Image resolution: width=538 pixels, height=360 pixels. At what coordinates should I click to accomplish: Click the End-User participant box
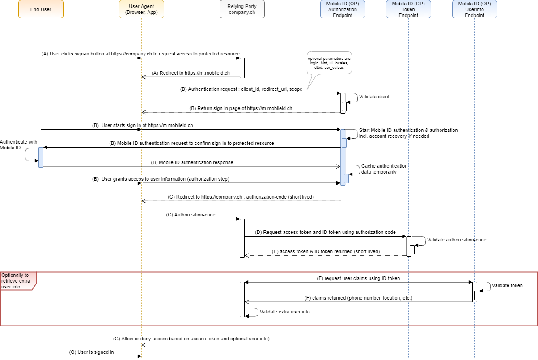(x=41, y=9)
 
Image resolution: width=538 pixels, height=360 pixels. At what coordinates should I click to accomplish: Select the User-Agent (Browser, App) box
(x=141, y=9)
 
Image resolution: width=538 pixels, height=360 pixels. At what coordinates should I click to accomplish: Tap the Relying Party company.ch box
(x=242, y=9)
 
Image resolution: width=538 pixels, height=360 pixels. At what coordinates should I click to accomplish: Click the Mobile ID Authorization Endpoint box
(x=343, y=9)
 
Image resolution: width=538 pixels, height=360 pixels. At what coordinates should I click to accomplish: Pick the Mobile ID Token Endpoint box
(x=408, y=9)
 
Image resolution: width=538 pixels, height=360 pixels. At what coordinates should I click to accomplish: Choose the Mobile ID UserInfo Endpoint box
(x=474, y=9)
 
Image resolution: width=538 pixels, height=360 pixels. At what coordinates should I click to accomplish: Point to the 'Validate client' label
(x=374, y=97)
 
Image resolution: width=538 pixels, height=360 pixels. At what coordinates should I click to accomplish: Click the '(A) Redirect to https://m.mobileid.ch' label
(x=191, y=73)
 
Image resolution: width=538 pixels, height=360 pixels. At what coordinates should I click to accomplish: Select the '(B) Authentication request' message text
(x=241, y=89)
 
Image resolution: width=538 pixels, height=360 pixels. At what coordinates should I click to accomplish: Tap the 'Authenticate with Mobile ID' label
(x=18, y=144)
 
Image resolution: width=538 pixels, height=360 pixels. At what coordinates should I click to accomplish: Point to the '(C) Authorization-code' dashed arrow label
(x=191, y=215)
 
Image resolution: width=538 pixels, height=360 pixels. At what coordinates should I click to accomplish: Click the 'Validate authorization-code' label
(x=456, y=240)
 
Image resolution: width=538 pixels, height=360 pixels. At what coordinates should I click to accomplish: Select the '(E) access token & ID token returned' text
(x=326, y=251)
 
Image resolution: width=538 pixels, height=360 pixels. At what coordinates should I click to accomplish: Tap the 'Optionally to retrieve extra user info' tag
(x=15, y=281)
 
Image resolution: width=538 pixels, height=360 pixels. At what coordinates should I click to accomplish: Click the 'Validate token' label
(x=507, y=285)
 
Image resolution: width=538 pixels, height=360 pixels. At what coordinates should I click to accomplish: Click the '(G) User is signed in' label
(x=91, y=352)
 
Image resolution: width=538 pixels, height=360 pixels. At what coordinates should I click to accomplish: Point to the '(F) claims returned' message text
(x=358, y=297)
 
